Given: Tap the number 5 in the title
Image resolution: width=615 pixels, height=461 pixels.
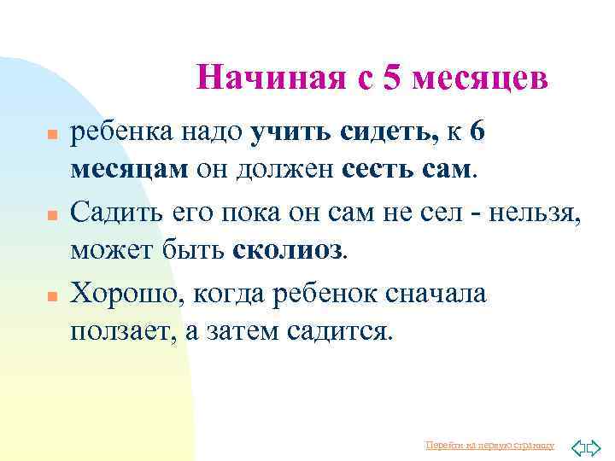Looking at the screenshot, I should [392, 79].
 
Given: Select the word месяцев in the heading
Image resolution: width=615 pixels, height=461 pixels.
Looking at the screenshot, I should [479, 79].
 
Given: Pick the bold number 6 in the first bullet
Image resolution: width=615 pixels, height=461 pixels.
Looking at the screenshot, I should [477, 133].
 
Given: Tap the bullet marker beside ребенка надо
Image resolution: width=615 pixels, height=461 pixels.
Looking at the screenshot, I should [50, 135].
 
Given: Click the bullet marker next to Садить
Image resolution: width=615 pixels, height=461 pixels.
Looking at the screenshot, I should [50, 214].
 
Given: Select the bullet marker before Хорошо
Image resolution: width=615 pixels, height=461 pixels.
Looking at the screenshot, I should [50, 295].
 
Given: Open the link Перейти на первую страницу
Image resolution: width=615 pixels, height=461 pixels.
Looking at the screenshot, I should [489, 446].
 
